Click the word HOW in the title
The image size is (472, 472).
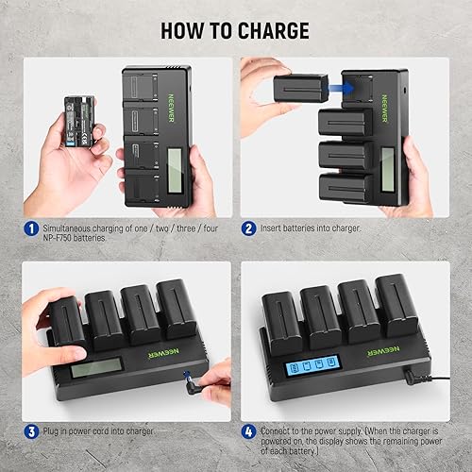point(187,30)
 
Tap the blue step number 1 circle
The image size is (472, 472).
point(30,228)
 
